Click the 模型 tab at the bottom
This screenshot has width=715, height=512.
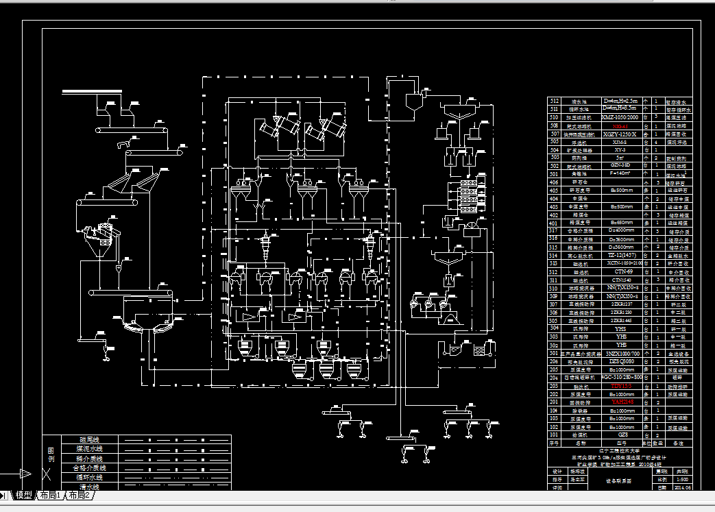[24, 496]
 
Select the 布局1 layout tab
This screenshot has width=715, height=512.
[50, 496]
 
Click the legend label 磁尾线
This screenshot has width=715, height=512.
[90, 439]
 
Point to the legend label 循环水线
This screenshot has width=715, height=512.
[89, 477]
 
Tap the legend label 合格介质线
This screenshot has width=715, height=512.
[89, 467]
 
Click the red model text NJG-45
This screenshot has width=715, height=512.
[620, 126]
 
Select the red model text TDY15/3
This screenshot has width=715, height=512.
[621, 387]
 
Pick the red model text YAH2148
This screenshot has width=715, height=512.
[621, 402]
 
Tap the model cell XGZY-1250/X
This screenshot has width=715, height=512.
[620, 134]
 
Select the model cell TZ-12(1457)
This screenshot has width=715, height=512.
[621, 255]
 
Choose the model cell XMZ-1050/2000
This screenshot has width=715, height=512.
[621, 117]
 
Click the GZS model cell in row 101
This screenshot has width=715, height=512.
[621, 435]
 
